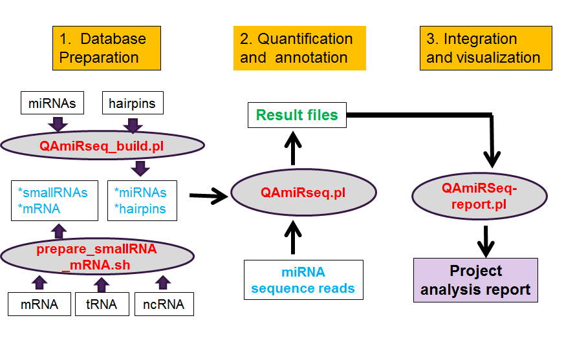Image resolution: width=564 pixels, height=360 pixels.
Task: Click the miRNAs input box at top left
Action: pos(52,103)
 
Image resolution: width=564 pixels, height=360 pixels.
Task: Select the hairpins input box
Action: pos(133,103)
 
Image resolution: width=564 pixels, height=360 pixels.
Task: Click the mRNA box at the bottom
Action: pos(39,304)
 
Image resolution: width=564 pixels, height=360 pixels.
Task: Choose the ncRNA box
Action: pos(164,304)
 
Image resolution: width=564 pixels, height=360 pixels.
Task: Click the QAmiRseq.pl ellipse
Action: pos(303,193)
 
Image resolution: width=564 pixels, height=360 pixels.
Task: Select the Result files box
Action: pos(297,116)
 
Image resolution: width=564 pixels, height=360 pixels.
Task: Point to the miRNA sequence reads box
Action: pos(303,280)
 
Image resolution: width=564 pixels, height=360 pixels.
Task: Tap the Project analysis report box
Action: pos(475,280)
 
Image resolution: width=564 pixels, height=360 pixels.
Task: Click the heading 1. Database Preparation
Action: pos(106,48)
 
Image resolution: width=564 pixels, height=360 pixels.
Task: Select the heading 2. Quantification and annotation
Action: pos(299,48)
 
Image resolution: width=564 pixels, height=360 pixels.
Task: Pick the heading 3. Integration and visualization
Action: pos(486,48)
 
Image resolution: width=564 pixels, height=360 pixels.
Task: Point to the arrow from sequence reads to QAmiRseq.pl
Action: pos(295,238)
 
